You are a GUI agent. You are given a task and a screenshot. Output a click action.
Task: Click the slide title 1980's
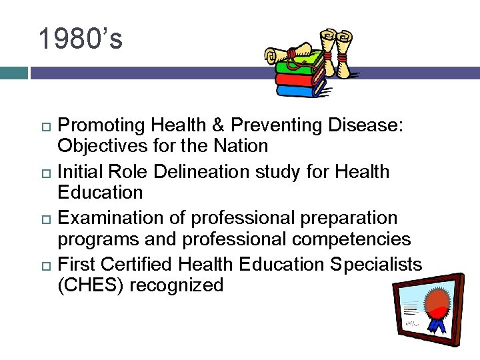(x=80, y=39)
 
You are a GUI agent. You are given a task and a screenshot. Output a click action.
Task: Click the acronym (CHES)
(x=90, y=286)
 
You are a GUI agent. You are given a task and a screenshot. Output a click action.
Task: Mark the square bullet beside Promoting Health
(x=45, y=126)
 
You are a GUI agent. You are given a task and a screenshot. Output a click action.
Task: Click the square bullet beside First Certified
(x=45, y=265)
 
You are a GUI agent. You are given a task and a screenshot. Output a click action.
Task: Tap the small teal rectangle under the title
(x=13, y=73)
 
